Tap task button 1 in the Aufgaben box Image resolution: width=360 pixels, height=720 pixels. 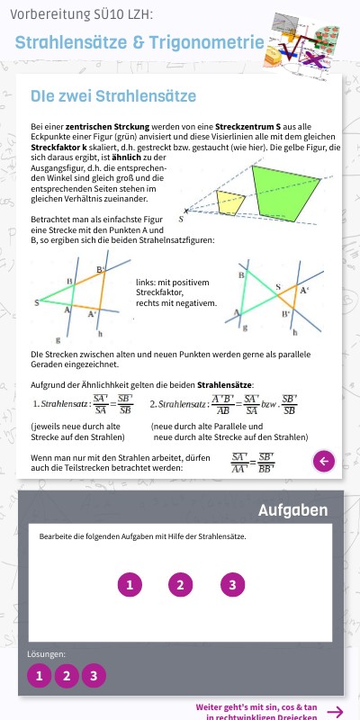130,585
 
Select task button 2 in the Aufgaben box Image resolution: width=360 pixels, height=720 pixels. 181,585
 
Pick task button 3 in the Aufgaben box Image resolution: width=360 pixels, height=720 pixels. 232,585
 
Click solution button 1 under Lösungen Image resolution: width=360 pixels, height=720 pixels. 40,676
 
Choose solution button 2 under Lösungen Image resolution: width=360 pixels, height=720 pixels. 67,676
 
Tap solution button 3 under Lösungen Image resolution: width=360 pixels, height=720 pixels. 94,676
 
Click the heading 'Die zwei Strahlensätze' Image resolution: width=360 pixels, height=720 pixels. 113,95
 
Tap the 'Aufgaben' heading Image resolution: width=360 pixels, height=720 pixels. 292,510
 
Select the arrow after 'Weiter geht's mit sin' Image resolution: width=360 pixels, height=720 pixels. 335,712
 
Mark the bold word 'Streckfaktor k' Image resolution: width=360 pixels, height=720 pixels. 61,147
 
